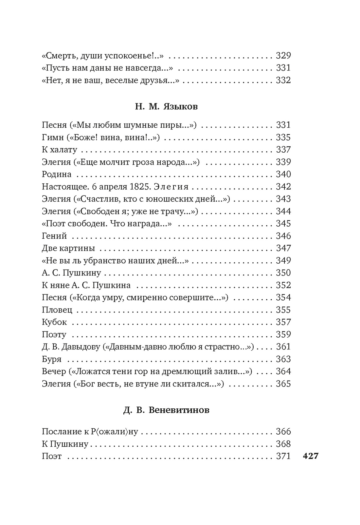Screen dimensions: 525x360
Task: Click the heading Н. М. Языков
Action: [166, 107]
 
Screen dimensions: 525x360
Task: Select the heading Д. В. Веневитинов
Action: [166, 410]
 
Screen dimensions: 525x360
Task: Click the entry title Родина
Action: [57, 175]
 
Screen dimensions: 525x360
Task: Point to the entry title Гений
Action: [54, 236]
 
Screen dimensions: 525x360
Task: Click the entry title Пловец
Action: [57, 310]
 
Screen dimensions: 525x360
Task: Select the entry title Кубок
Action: [54, 322]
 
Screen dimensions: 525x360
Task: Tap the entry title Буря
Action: [52, 359]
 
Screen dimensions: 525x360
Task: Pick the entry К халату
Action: [60, 150]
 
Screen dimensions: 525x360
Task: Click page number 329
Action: [283, 56]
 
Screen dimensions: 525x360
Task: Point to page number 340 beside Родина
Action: [283, 175]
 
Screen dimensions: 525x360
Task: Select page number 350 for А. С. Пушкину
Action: [283, 273]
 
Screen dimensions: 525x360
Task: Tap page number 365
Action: [283, 384]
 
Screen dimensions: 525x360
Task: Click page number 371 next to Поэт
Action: [283, 456]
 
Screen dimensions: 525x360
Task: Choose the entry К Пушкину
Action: [65, 444]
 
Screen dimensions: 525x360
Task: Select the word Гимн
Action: [52, 138]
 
